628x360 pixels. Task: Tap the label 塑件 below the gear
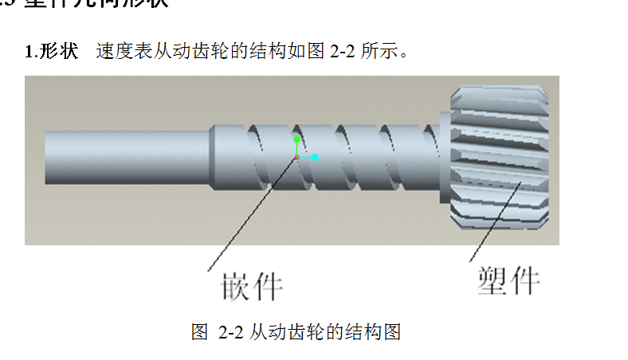tap(508, 280)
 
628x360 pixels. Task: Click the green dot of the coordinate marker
tap(296, 139)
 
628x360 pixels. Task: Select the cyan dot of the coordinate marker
tap(316, 157)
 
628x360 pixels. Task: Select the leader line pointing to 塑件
tap(494, 223)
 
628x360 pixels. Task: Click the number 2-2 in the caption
tap(230, 331)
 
